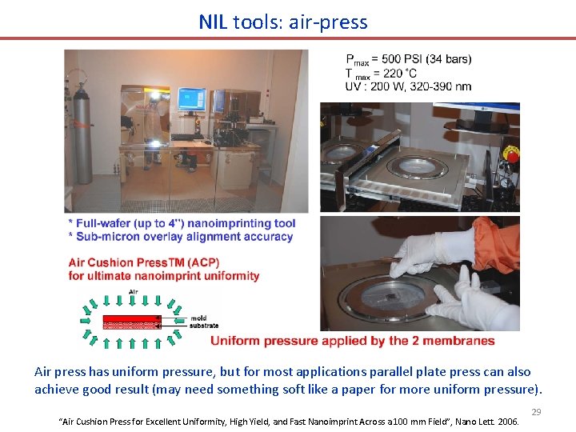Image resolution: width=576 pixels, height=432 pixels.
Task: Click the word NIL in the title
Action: click(214, 22)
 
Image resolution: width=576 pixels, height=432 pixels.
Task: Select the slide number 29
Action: click(535, 412)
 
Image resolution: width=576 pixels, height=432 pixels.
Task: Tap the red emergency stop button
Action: click(510, 152)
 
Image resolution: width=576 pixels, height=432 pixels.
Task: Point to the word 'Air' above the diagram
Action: click(121, 293)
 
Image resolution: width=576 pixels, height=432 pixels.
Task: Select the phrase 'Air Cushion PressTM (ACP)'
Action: click(144, 262)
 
